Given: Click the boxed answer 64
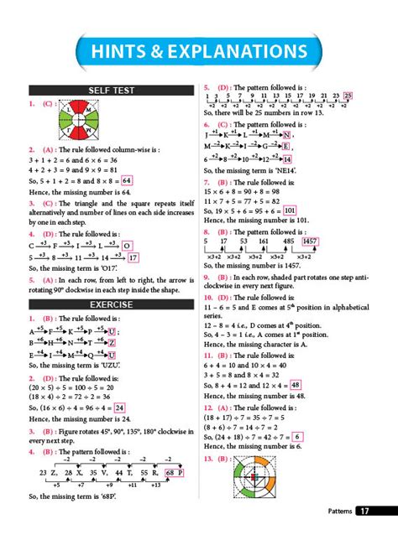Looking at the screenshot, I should coord(127,179).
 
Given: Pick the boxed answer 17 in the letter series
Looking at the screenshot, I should coord(133,257).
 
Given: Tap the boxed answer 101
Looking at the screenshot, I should coord(290,210).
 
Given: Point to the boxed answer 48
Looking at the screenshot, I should coord(295,385).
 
